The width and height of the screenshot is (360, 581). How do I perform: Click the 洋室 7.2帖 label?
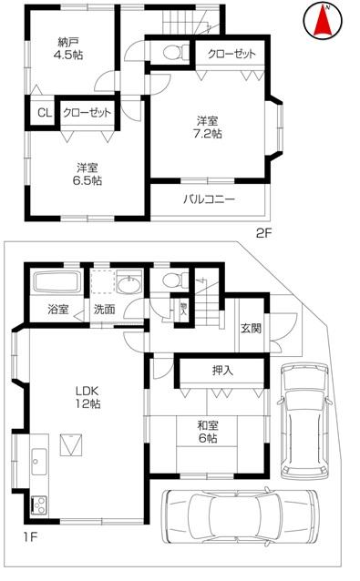pyautogui.click(x=211, y=127)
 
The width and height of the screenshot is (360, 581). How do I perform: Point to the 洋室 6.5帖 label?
pyautogui.click(x=87, y=174)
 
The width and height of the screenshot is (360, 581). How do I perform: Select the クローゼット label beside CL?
pyautogui.click(x=87, y=113)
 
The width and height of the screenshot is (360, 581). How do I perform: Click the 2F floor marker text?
pyautogui.click(x=264, y=231)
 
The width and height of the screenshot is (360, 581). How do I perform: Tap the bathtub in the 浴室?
pyautogui.click(x=53, y=280)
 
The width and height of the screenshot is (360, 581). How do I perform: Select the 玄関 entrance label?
pyautogui.click(x=251, y=327)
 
